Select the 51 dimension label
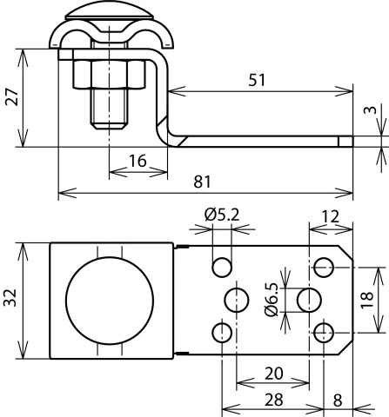pyautogui.click(x=258, y=79)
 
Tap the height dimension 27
pyautogui.click(x=11, y=97)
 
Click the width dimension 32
pyautogui.click(x=11, y=300)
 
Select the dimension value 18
pyautogui.click(x=368, y=300)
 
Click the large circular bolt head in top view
pyautogui.click(x=109, y=300)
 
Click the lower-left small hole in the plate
pyautogui.click(x=222, y=332)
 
